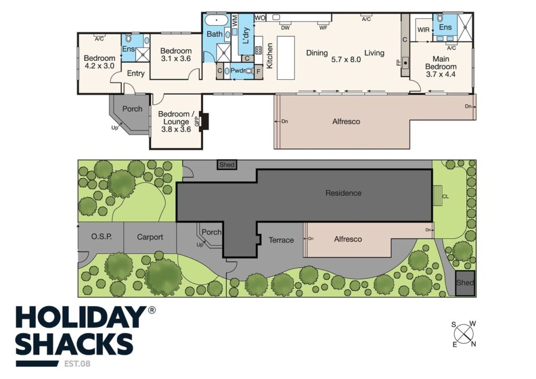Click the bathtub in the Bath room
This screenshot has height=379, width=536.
point(216,20)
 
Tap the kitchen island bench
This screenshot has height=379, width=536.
point(286,58)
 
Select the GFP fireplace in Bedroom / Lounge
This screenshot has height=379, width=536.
point(205,121)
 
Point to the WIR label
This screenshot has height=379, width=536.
point(423,30)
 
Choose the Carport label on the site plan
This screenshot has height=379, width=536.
point(150,237)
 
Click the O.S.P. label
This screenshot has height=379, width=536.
point(102,236)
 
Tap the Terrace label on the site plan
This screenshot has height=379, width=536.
point(281,240)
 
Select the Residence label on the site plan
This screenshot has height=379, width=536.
point(343,193)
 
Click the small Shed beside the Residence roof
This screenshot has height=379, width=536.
point(227,165)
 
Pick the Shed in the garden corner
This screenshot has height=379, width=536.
point(465,283)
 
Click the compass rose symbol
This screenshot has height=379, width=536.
point(464,334)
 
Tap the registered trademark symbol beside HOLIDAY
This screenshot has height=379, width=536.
point(151,310)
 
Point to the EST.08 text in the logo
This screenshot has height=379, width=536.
point(77,364)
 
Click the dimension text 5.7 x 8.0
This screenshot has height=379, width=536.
point(346,60)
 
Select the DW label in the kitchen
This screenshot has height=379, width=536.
point(285,28)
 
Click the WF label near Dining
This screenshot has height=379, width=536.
point(323,28)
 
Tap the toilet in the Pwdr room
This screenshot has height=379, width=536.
point(249,71)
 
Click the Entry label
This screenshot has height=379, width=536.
point(136,73)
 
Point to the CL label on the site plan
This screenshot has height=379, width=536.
point(445,197)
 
